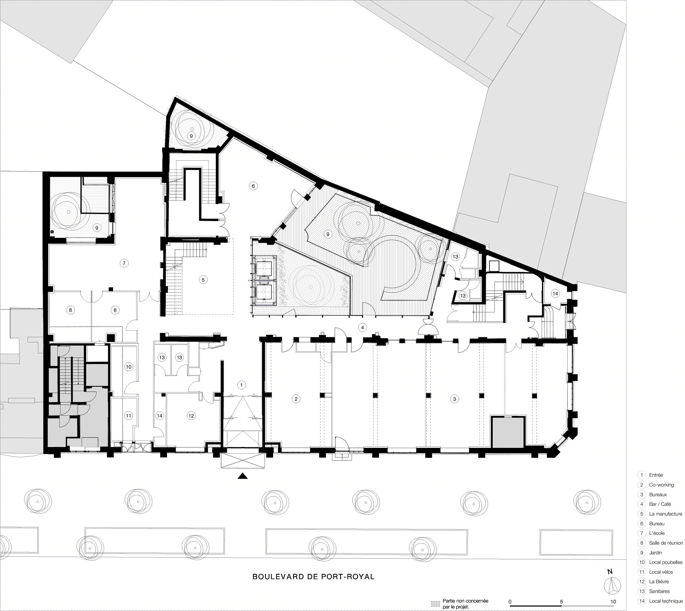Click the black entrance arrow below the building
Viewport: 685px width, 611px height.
(242, 476)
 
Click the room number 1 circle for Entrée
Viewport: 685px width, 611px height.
(241, 385)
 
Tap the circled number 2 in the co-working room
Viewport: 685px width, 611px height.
(296, 399)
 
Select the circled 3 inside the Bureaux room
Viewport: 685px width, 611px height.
(455, 399)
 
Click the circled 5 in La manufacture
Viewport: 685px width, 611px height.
(203, 280)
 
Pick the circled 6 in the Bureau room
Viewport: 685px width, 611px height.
(253, 186)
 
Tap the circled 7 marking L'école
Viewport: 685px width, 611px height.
(124, 263)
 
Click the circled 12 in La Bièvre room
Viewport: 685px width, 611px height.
(191, 416)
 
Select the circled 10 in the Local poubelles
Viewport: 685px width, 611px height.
(129, 367)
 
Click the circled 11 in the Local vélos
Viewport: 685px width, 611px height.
(129, 416)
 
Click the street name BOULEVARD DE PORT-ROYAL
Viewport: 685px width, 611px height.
(313, 577)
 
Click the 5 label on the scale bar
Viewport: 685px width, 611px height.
(561, 602)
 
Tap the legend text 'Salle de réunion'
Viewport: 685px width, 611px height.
(666, 543)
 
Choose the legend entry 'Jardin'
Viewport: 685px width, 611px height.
(655, 553)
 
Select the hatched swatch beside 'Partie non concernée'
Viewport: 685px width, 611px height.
(435, 604)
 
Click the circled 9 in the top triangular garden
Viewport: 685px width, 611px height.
(191, 136)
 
